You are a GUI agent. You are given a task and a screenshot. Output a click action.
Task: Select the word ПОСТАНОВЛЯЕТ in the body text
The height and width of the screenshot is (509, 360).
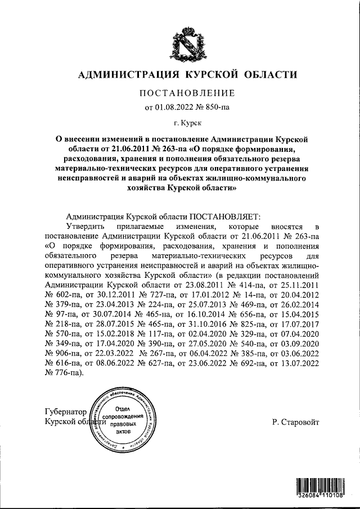tap(222, 215)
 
